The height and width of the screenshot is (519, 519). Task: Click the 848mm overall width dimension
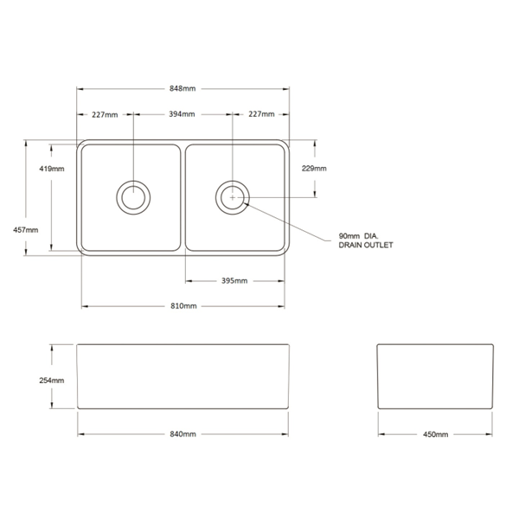(x=183, y=88)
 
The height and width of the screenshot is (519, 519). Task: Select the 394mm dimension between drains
(x=182, y=114)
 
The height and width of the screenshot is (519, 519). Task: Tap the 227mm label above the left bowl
(x=105, y=114)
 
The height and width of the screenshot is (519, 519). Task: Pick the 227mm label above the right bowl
(x=261, y=114)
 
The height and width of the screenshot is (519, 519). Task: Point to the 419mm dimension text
(x=52, y=169)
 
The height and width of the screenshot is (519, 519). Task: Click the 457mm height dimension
(x=25, y=230)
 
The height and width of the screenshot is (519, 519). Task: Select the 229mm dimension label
(x=314, y=169)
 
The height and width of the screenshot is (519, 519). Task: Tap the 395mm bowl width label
(x=234, y=281)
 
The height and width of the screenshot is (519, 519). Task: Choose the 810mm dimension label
(x=183, y=306)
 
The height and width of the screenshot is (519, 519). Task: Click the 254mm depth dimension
(x=52, y=381)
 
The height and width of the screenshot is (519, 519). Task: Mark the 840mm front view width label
(x=183, y=434)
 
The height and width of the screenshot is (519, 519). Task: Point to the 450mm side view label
(x=436, y=434)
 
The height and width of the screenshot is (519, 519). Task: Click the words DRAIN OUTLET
(x=366, y=246)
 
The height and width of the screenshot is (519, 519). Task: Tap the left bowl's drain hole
(x=133, y=197)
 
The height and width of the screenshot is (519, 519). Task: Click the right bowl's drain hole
(x=233, y=197)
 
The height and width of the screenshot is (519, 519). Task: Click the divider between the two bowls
(x=183, y=197)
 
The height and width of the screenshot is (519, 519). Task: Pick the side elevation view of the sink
(x=435, y=376)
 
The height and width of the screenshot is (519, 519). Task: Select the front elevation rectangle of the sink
(x=183, y=376)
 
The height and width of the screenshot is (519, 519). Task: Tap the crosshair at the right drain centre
(x=233, y=197)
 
